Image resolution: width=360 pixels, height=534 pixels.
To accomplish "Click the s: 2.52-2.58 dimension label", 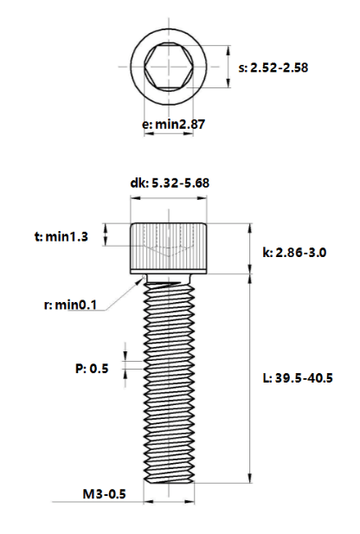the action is pos(273,68).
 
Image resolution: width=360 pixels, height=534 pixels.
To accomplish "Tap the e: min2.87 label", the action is pos(174,125).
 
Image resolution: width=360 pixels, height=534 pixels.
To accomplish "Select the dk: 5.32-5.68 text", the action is pos(170,183).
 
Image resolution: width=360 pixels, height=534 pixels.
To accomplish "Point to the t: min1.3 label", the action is pos(61,236).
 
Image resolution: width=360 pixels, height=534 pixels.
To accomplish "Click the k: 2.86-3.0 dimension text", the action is pos(294,253).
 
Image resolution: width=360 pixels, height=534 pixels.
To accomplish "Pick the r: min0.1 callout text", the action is pos(70,305).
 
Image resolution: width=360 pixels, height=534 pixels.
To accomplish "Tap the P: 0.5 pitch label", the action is pos(92,368).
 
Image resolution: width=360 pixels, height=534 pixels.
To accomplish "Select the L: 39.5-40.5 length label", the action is pos(298,377).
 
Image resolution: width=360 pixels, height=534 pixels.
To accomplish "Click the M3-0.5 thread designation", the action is pos(104,494).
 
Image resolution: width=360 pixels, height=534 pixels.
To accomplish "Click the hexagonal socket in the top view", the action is pos(169,67).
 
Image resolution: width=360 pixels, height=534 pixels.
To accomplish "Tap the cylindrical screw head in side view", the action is pos(169,248).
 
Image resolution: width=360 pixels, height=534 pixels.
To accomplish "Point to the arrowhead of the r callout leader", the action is pos(143,280).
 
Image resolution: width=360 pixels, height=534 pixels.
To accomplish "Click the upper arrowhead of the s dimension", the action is pos(228,50).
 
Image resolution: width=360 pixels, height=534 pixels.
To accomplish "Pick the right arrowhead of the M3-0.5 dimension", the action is pos(190,502).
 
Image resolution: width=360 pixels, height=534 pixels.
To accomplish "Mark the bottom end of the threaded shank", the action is pos(169,482).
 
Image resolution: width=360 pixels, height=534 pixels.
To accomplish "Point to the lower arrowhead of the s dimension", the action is pos(228,83).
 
